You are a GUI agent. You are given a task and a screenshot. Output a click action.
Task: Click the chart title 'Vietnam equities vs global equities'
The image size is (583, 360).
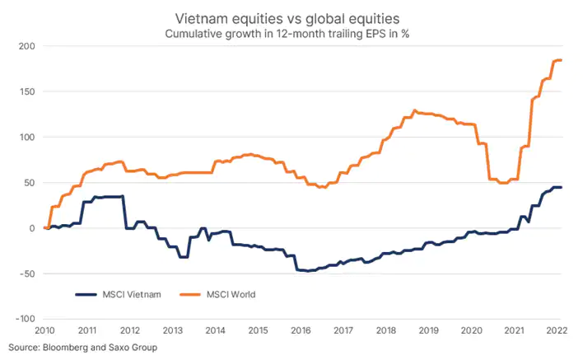[291, 16]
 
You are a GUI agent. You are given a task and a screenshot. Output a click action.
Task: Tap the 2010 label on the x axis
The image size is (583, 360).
[44, 330]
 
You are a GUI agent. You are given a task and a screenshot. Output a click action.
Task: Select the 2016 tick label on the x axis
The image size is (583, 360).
[301, 330]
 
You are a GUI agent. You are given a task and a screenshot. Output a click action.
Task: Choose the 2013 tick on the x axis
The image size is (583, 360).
[173, 330]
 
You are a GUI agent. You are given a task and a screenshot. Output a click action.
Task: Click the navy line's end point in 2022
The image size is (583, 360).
[561, 188]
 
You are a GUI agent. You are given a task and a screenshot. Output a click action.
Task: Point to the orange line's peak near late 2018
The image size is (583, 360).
[414, 110]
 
